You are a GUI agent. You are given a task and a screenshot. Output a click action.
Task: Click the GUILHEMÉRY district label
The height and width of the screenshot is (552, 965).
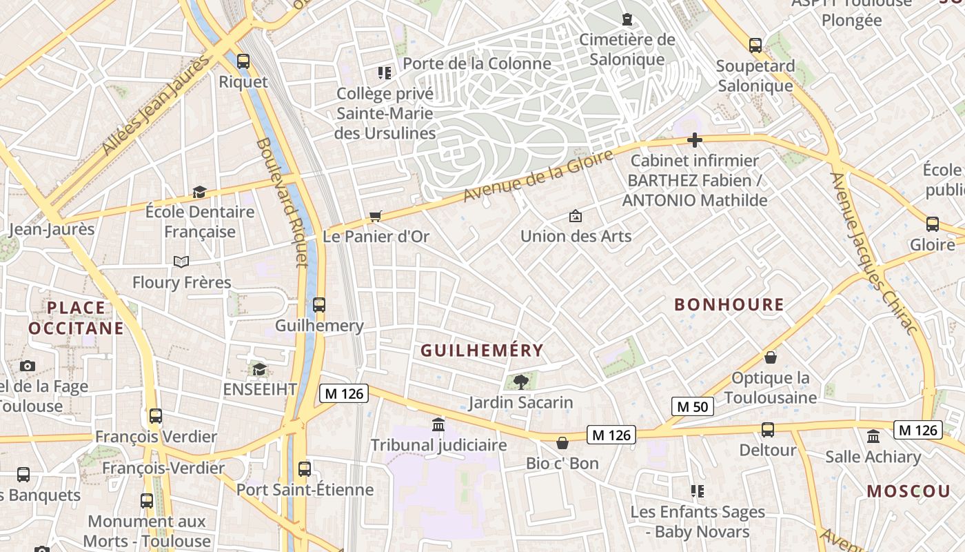click(482, 351)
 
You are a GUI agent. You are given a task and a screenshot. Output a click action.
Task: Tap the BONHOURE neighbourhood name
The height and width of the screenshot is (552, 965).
click(729, 304)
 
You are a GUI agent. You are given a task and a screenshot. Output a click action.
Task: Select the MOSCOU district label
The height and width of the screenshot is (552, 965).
click(908, 491)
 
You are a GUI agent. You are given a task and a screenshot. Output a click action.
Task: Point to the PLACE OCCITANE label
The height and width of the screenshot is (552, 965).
click(76, 317)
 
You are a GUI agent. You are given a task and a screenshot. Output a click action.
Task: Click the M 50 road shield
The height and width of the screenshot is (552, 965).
click(692, 406)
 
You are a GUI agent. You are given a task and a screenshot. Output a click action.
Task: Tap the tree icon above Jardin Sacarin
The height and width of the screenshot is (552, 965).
click(521, 381)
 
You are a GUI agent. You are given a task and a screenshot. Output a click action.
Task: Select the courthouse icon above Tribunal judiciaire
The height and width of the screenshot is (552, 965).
click(438, 424)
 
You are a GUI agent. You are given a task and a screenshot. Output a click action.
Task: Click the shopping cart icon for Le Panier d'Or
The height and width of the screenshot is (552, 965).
click(376, 217)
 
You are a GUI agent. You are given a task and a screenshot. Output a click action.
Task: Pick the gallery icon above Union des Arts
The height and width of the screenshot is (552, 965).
click(576, 216)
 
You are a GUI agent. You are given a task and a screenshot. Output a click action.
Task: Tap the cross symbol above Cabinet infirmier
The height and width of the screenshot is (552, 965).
click(694, 140)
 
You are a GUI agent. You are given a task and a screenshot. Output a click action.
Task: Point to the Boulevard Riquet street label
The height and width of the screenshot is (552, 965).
click(282, 201)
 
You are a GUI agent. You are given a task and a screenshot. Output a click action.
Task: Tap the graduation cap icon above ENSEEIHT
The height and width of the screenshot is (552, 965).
click(259, 370)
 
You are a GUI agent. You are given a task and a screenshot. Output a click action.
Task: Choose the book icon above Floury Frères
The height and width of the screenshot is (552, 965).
click(181, 262)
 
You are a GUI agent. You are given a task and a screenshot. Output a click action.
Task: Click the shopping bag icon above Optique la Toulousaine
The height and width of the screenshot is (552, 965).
click(771, 357)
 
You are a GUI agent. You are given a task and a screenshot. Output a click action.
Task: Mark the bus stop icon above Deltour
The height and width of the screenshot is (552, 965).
click(768, 430)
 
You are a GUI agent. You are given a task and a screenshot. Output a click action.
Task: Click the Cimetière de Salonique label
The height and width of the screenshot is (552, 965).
click(627, 49)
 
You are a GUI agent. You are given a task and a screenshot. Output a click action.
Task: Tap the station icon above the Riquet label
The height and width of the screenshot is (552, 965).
click(243, 61)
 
